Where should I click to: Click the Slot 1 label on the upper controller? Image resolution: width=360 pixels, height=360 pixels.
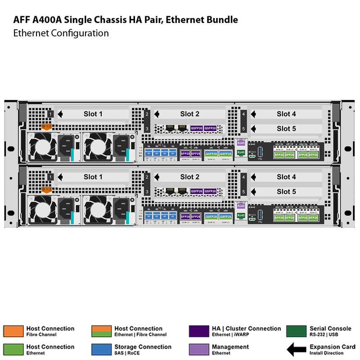click(93, 114)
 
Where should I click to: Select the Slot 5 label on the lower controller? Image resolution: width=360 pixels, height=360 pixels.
click(286, 192)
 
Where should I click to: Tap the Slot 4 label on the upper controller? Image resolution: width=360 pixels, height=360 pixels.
click(286, 114)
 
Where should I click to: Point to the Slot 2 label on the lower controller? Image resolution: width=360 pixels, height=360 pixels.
click(189, 177)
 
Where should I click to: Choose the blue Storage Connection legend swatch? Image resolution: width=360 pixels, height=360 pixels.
click(101, 349)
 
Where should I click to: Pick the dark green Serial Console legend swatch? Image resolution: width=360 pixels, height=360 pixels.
click(296, 331)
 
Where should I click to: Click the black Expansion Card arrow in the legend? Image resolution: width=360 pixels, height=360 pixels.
click(296, 349)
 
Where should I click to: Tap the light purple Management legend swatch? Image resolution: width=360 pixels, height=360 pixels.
click(198, 349)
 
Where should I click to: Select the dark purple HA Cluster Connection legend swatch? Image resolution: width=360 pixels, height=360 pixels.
click(198, 331)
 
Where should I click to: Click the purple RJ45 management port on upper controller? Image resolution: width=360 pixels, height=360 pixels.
click(241, 143)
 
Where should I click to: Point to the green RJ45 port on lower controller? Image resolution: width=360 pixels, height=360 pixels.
click(241, 216)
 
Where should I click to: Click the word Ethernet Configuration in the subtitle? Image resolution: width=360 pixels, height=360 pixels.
click(61, 33)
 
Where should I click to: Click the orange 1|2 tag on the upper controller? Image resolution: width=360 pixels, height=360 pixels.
click(47, 126)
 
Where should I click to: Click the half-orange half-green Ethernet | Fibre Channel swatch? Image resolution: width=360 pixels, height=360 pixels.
click(101, 331)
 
